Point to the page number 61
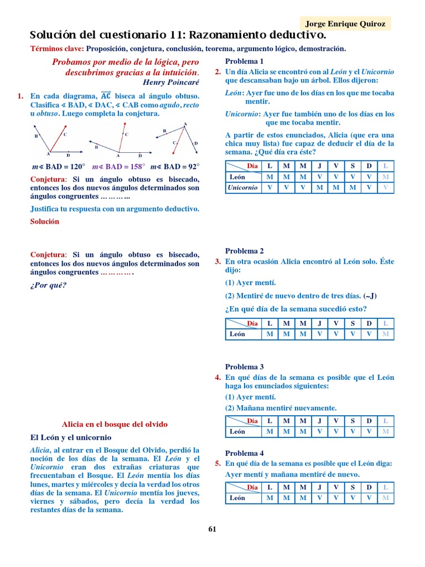tap(212, 529)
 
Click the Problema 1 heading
tap(244, 61)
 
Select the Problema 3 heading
tap(244, 367)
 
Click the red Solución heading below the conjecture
tap(44, 221)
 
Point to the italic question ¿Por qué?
tap(48, 286)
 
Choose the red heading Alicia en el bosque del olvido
tap(115, 424)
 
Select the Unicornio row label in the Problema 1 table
tap(242, 188)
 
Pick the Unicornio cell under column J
tap(319, 188)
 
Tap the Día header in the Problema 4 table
tap(252, 487)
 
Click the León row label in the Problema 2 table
tap(237, 334)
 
